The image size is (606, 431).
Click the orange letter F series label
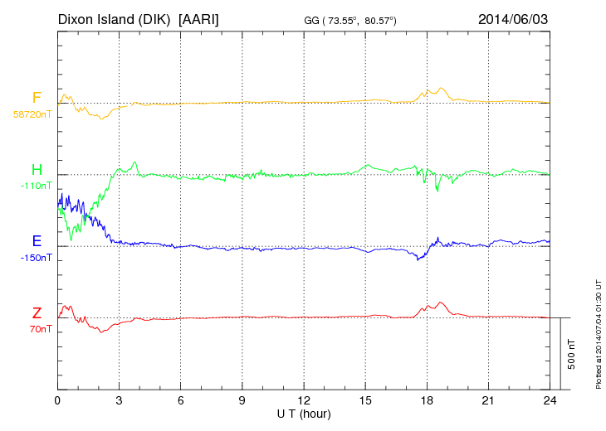tap(37, 98)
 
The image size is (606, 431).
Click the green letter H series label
tap(37, 170)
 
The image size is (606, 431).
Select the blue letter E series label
tap(37, 241)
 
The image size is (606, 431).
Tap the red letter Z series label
tap(37, 312)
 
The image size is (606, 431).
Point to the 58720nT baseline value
tap(32, 114)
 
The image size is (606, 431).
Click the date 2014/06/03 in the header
tap(513, 17)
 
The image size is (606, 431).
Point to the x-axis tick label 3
tap(119, 400)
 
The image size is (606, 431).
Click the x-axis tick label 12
tap(304, 400)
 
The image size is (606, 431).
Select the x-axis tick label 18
tap(427, 400)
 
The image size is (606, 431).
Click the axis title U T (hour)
tap(304, 413)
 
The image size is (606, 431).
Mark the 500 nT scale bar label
tap(572, 353)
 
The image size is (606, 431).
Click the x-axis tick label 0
tap(57, 400)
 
